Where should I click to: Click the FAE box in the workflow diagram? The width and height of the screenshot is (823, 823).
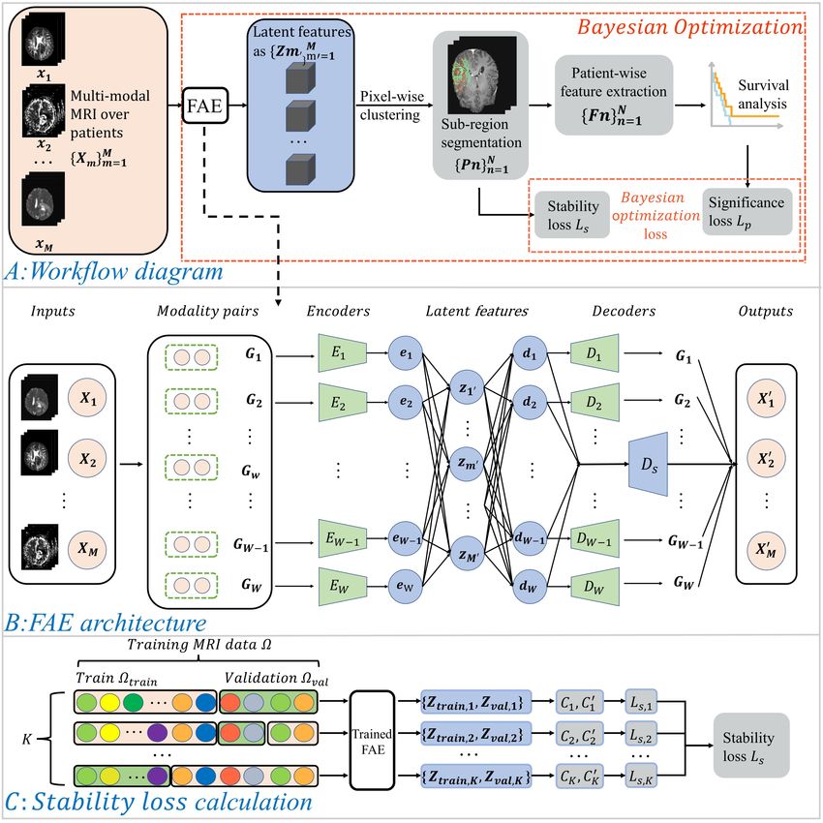tap(205, 106)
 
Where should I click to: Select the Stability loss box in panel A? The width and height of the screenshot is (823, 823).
tap(571, 215)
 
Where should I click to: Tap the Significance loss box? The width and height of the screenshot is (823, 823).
tap(747, 211)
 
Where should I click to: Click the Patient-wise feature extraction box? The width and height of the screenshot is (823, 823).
tap(614, 95)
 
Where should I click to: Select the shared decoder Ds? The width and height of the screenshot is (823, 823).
tap(648, 464)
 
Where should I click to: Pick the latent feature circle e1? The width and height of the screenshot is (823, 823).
tap(405, 353)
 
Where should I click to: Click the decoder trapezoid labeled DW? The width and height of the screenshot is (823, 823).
tap(594, 587)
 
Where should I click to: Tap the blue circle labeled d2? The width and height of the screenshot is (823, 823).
tap(530, 402)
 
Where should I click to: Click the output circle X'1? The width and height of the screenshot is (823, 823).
tap(766, 398)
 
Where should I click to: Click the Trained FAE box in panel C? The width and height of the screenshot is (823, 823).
tap(372, 740)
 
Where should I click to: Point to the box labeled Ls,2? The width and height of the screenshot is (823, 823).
tap(641, 735)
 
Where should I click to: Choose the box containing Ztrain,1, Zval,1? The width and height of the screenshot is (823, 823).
tap(476, 702)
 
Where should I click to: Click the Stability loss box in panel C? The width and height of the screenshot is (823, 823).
tap(751, 746)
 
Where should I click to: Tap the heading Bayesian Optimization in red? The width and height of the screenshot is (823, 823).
tap(690, 27)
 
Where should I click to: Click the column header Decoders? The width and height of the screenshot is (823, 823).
tap(624, 311)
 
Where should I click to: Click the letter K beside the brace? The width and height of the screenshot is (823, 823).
tap(27, 739)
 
